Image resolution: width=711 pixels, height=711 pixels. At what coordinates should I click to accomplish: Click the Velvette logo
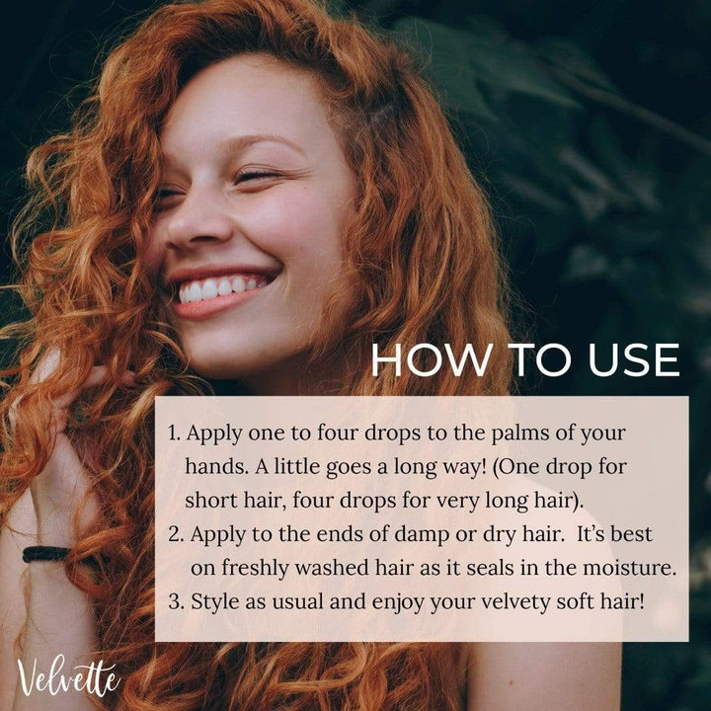point(68,677)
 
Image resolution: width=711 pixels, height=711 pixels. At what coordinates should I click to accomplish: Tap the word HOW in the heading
point(432,359)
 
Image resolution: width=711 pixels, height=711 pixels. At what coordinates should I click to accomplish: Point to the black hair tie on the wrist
point(45,554)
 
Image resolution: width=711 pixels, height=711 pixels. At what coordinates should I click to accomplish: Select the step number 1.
point(174,434)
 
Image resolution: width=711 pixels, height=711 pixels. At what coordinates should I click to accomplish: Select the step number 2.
point(176,534)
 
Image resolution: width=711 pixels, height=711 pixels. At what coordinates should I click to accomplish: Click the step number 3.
point(176,601)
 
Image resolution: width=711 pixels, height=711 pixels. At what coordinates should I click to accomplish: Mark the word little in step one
point(296,466)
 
